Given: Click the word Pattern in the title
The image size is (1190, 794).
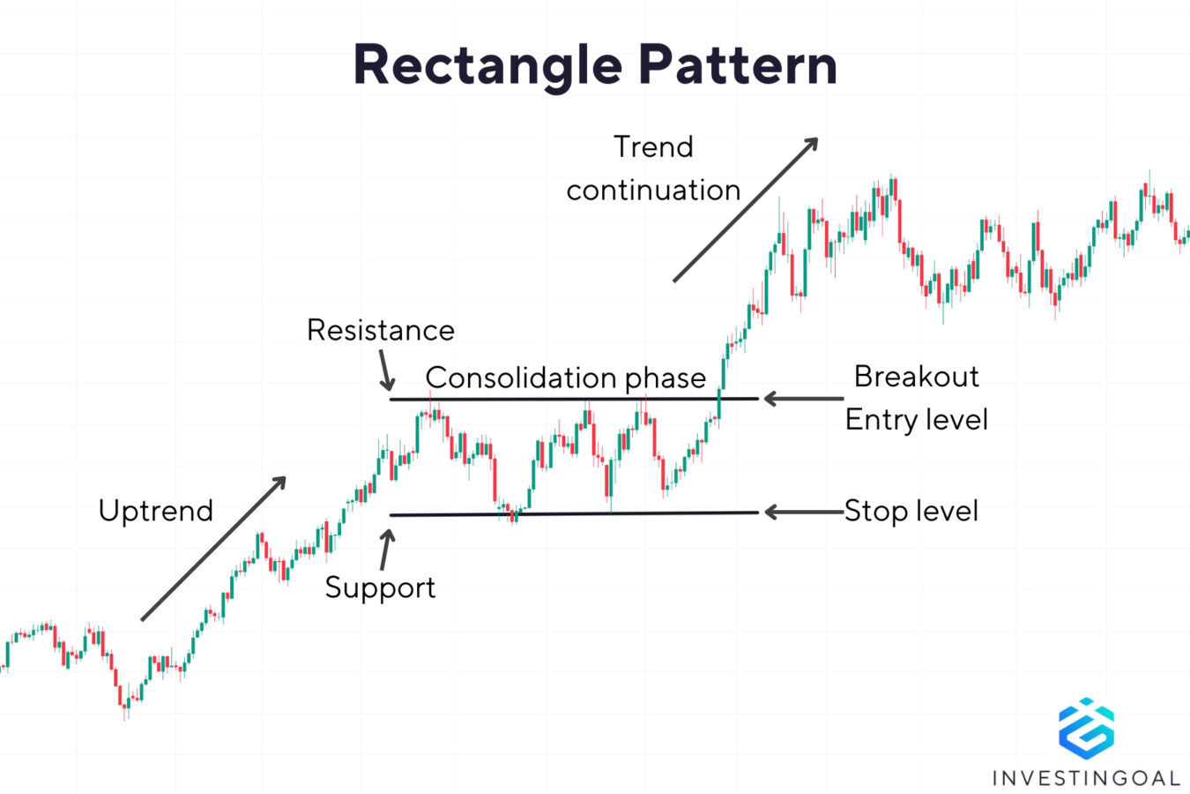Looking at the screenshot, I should click(x=737, y=65).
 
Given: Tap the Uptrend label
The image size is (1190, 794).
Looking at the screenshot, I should click(x=156, y=511).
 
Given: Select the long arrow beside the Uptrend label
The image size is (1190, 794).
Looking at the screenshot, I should click(x=213, y=549).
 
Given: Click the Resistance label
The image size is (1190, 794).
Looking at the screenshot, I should click(x=381, y=330).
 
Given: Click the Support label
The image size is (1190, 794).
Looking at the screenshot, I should click(x=380, y=588).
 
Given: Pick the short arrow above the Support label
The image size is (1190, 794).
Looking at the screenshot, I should click(x=385, y=550).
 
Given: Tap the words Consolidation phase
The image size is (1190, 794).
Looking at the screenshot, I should click(x=565, y=378).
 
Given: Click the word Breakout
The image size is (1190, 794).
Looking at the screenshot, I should click(x=916, y=377).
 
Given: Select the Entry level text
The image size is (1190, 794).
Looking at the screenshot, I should click(x=916, y=419).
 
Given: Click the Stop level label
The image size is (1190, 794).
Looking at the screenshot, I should click(x=911, y=511).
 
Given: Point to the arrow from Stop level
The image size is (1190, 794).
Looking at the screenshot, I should click(x=802, y=512).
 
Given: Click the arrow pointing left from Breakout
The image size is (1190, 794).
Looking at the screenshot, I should click(x=802, y=399).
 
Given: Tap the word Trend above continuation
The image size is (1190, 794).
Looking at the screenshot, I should click(x=653, y=146).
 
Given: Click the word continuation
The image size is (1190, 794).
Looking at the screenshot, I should click(x=653, y=190).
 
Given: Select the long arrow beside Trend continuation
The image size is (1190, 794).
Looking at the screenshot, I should click(x=746, y=210).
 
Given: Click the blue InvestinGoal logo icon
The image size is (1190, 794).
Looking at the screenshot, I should click(x=1086, y=729).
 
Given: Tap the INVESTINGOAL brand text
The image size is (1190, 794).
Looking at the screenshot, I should click(x=1086, y=778).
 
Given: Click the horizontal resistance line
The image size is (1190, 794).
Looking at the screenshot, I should click(x=573, y=400).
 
